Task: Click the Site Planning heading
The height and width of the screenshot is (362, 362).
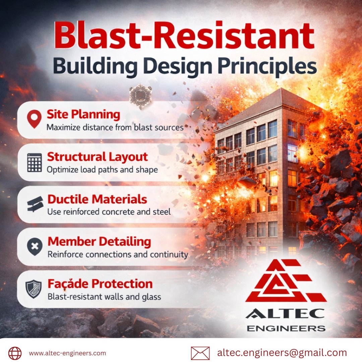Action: [83, 115]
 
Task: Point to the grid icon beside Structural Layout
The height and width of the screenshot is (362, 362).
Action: [35, 163]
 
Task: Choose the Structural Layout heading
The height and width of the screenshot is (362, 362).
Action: [97, 157]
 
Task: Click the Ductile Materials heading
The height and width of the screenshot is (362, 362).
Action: [97, 199]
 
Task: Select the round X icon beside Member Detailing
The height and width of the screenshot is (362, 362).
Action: [35, 247]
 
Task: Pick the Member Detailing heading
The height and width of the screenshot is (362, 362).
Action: [99, 242]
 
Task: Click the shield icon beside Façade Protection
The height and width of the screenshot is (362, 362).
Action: [34, 289]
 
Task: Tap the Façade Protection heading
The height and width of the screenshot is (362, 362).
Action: [100, 284]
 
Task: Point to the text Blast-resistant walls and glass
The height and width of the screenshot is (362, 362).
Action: [104, 297]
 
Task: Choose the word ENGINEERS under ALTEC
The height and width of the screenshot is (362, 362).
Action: [286, 328]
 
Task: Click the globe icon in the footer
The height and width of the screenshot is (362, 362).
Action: [15, 353]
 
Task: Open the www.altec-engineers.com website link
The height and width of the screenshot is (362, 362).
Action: [67, 353]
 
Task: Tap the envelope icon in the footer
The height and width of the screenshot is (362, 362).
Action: [200, 353]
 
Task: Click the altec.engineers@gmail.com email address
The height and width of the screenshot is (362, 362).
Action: [282, 353]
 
